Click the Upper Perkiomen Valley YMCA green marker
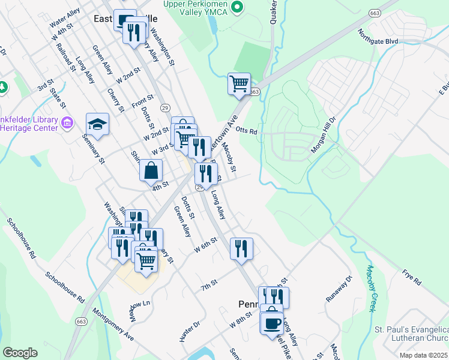[x=237, y=7]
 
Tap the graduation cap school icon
[x=97, y=124]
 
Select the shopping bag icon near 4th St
[x=151, y=169]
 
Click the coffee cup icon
[x=272, y=322]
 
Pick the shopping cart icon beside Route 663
[x=239, y=83]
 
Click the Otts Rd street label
[x=246, y=130]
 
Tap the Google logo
[x=20, y=353]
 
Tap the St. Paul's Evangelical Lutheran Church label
[x=411, y=334]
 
